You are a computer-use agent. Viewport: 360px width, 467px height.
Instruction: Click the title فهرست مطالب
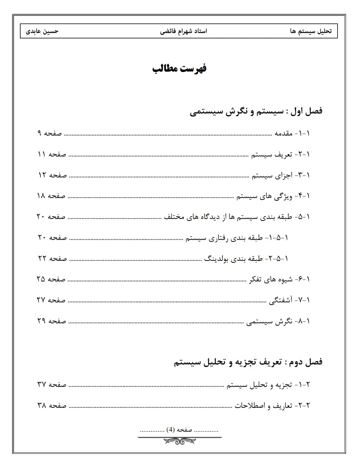(x=179, y=69)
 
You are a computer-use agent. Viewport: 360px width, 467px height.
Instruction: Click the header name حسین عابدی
(x=42, y=31)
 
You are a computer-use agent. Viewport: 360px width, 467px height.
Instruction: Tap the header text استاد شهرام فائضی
(x=183, y=31)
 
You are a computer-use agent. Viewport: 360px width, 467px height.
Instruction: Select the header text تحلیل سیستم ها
(x=311, y=31)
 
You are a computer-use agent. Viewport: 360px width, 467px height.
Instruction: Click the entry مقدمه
(x=284, y=133)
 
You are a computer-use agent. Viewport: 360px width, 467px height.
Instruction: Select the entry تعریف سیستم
(x=272, y=154)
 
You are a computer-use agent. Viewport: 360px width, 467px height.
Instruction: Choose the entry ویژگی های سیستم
(x=264, y=196)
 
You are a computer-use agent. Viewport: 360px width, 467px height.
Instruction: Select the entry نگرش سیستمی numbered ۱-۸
(x=269, y=321)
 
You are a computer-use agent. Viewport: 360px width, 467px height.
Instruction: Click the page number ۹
(x=39, y=133)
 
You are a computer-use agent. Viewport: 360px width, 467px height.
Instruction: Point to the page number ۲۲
(x=42, y=259)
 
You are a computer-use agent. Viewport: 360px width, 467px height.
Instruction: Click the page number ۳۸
(x=41, y=406)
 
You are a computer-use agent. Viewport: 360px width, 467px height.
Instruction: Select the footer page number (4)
(x=170, y=430)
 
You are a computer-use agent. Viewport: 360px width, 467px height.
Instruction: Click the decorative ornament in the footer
(x=179, y=440)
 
